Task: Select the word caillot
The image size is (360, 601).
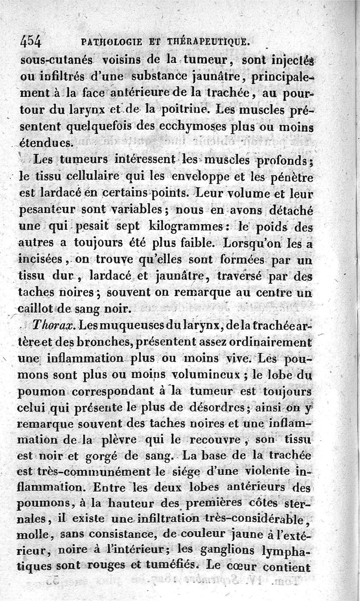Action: [38, 309]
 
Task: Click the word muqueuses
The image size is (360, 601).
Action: [119, 325]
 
